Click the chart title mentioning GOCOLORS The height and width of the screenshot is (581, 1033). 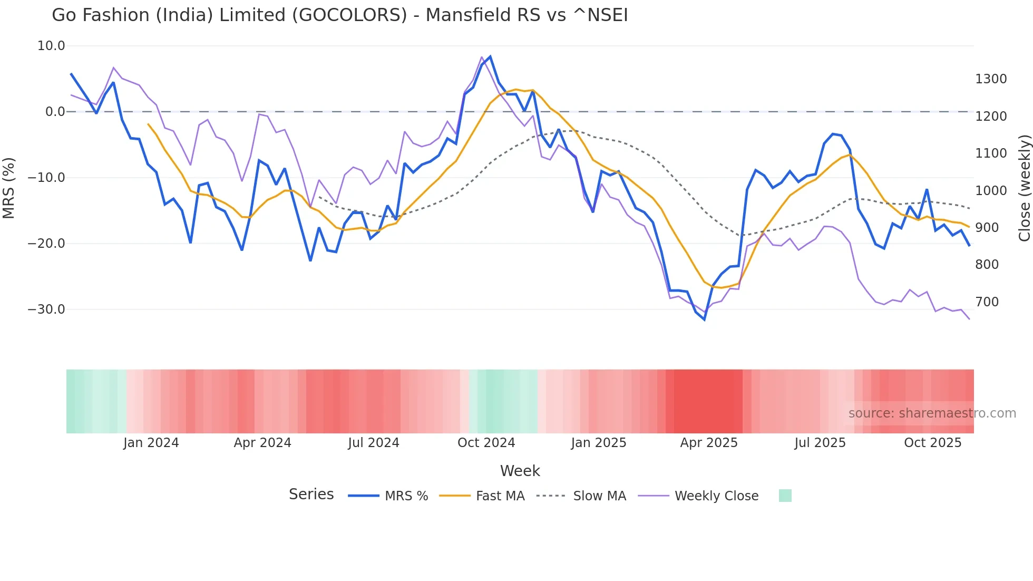coord(339,15)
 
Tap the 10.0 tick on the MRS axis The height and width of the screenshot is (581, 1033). coord(51,46)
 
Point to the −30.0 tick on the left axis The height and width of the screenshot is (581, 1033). coord(46,309)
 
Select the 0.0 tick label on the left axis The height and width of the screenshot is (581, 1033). coord(55,112)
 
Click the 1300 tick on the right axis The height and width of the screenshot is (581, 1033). coord(991,79)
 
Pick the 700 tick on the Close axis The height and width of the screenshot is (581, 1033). coord(987,302)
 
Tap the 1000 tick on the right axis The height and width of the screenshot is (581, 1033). coord(991,190)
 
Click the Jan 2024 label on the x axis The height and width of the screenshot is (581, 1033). coord(151,443)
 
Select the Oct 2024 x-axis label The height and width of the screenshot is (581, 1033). coord(486,443)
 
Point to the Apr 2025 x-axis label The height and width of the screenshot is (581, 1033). coord(709,443)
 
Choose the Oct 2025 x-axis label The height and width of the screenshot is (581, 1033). coord(932,443)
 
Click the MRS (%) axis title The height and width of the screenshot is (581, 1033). coord(9,188)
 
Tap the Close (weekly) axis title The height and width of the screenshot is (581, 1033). coord(1024,188)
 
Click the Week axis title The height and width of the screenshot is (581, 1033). coord(520,471)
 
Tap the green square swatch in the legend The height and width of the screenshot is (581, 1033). coord(785,496)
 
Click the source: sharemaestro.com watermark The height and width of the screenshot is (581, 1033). coord(932,413)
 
